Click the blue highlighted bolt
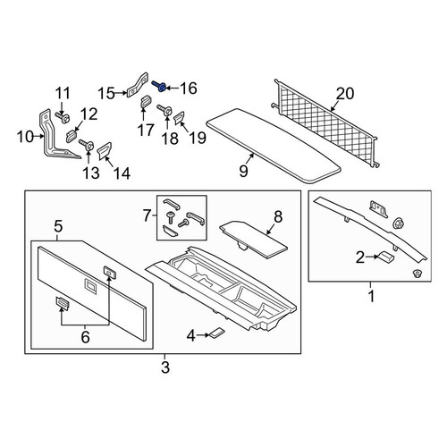point(159,87)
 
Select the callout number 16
point(189,89)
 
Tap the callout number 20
point(345,94)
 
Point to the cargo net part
point(325,122)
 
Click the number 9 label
point(243,171)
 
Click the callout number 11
point(63,93)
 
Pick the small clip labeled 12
point(71,136)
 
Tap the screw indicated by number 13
point(87,145)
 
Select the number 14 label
point(122,173)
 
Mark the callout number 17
point(146,131)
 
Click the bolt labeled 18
point(164,111)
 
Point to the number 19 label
point(197,138)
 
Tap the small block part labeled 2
point(386,257)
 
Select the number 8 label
point(278,217)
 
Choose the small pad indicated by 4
point(217,333)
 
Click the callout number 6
point(85,337)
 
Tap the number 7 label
point(147,215)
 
